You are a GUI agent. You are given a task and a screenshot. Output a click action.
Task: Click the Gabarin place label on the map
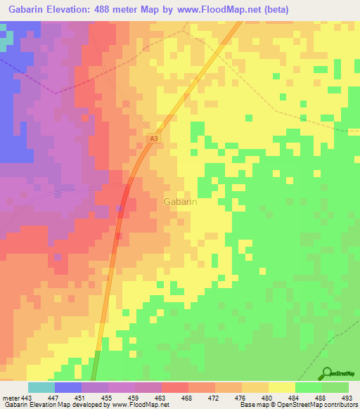tap(179, 202)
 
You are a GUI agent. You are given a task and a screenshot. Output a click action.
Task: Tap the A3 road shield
tap(154, 139)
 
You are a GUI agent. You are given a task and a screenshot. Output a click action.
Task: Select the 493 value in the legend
tap(348, 398)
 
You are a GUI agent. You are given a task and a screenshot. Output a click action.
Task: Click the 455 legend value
tap(108, 398)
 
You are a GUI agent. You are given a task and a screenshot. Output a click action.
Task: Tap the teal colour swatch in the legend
tap(41, 387)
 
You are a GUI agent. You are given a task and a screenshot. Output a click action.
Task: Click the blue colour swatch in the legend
tap(68, 387)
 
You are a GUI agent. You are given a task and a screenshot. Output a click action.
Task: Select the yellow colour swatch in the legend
tap(282, 387)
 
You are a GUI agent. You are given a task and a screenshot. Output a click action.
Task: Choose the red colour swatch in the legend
tap(175, 387)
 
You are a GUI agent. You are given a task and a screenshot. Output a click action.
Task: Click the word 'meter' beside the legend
tap(11, 398)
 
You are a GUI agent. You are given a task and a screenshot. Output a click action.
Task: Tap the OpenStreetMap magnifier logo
tap(328, 372)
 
